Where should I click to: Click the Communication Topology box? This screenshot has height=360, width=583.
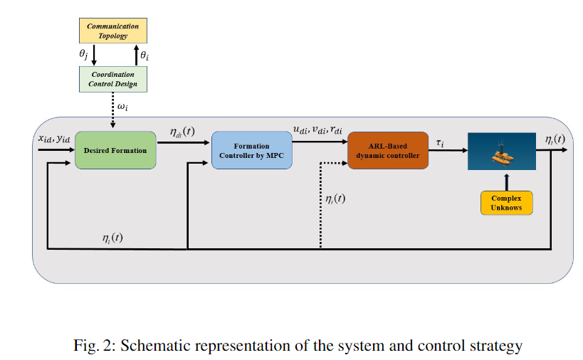coord(112,31)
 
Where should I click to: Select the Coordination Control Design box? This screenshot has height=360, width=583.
coord(112,79)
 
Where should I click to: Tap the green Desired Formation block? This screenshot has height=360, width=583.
coord(115,150)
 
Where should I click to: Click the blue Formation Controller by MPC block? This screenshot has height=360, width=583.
coord(252,150)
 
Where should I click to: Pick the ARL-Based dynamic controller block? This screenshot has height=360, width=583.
coord(388,150)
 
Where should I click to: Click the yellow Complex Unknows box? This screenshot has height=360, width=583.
coord(506,202)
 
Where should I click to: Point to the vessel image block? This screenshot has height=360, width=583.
coord(501,150)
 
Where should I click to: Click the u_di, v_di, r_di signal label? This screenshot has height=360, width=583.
coord(317,130)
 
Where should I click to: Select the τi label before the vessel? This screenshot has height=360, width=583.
coord(440,142)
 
